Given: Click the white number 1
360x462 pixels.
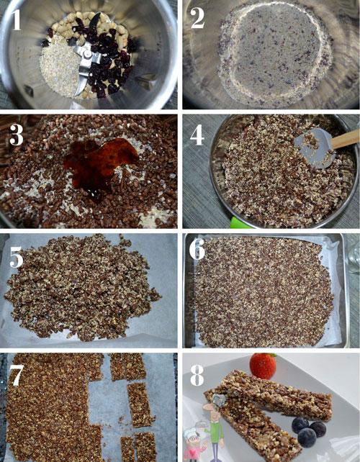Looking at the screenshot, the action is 16,19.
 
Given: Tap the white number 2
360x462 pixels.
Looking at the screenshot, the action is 197,18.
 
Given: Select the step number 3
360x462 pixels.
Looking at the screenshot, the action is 17,135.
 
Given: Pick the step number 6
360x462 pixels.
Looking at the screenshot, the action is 197,250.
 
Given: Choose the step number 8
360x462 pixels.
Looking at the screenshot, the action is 197,375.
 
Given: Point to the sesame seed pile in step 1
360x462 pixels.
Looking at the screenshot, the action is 59,70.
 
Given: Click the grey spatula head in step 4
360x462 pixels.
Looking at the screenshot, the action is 315,148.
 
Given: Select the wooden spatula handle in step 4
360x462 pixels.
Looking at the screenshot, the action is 346,138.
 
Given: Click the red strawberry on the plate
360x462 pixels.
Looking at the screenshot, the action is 263,366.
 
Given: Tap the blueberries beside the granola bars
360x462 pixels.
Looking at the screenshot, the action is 309,431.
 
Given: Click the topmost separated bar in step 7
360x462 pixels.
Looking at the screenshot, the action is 128,366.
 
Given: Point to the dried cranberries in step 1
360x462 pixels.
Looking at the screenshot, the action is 103,59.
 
